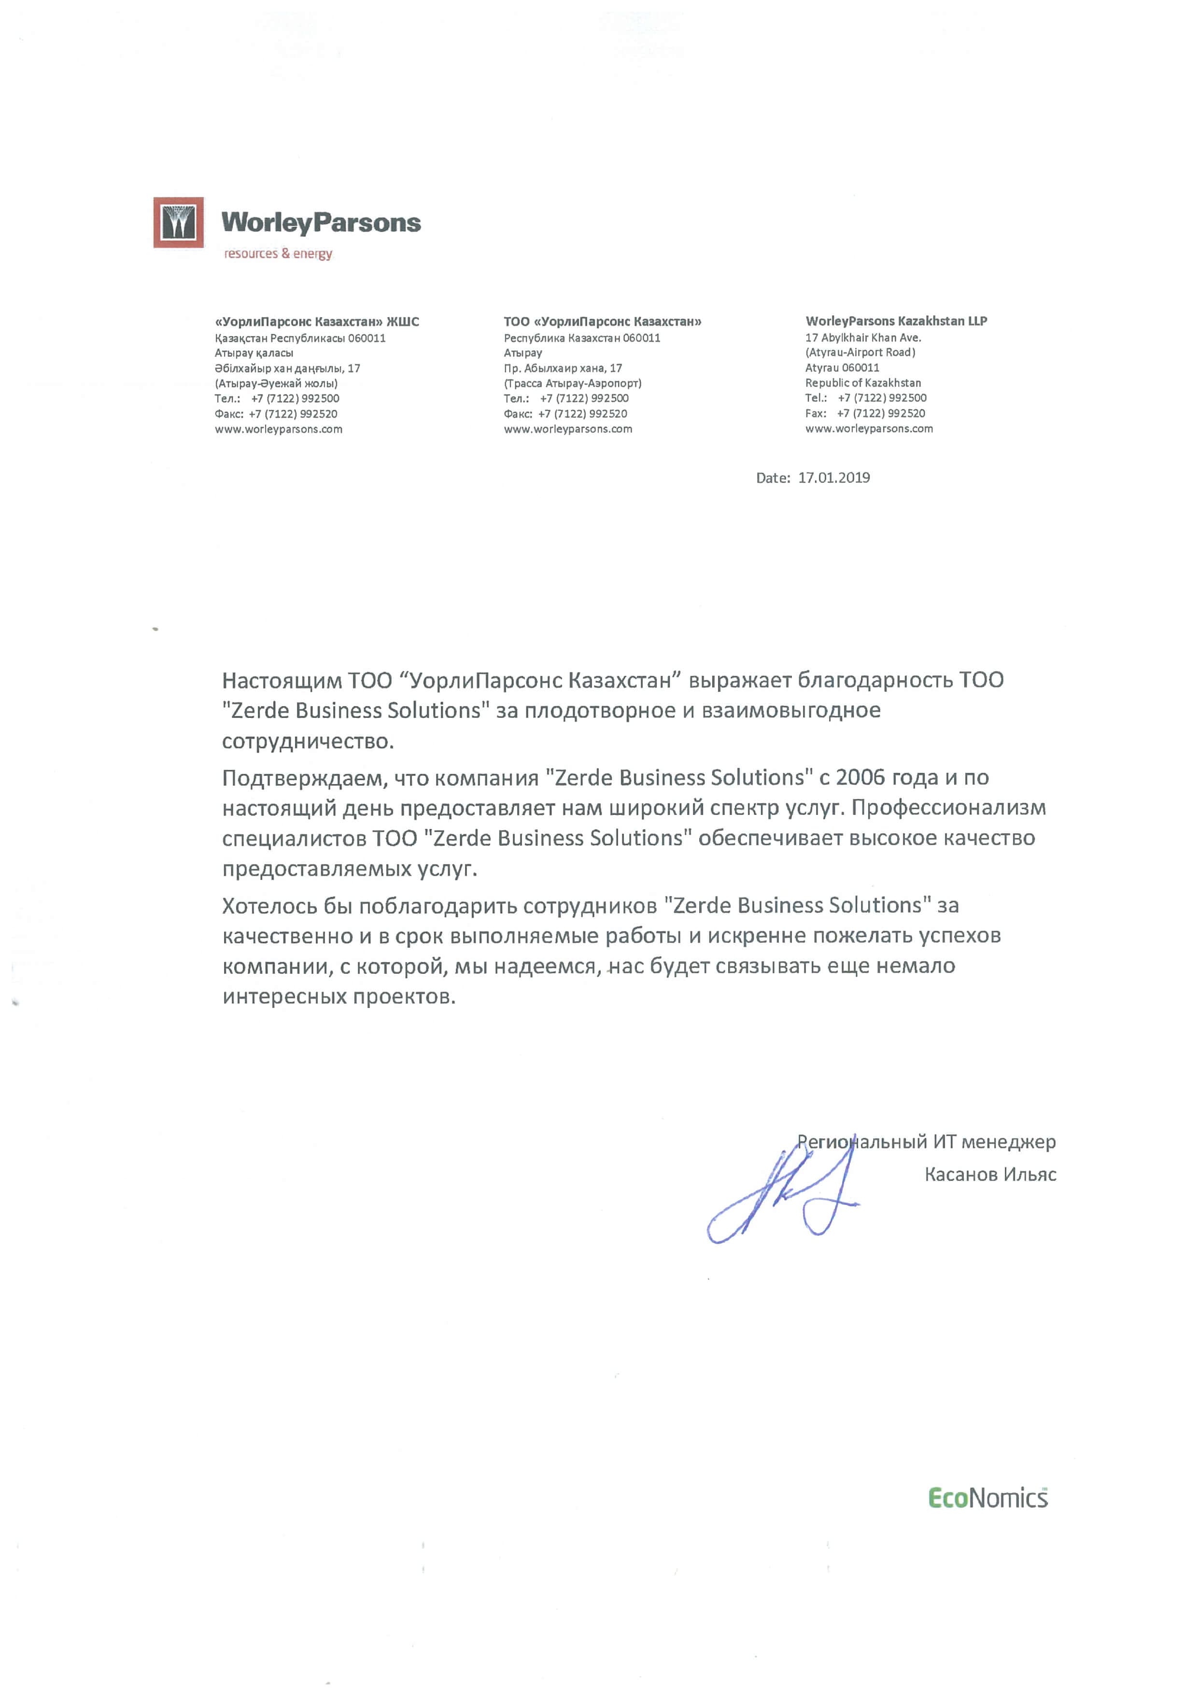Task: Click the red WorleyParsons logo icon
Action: [178, 222]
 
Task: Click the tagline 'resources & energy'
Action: [278, 254]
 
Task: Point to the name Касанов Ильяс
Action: [990, 1175]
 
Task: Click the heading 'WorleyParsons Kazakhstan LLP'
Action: [896, 321]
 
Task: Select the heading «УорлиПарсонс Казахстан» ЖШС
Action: [317, 322]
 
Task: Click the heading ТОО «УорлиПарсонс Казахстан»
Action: [603, 322]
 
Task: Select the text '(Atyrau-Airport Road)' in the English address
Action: [860, 352]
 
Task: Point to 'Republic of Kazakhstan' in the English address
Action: [863, 382]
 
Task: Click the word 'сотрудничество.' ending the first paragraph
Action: [308, 741]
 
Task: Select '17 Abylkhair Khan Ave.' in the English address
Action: [863, 337]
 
